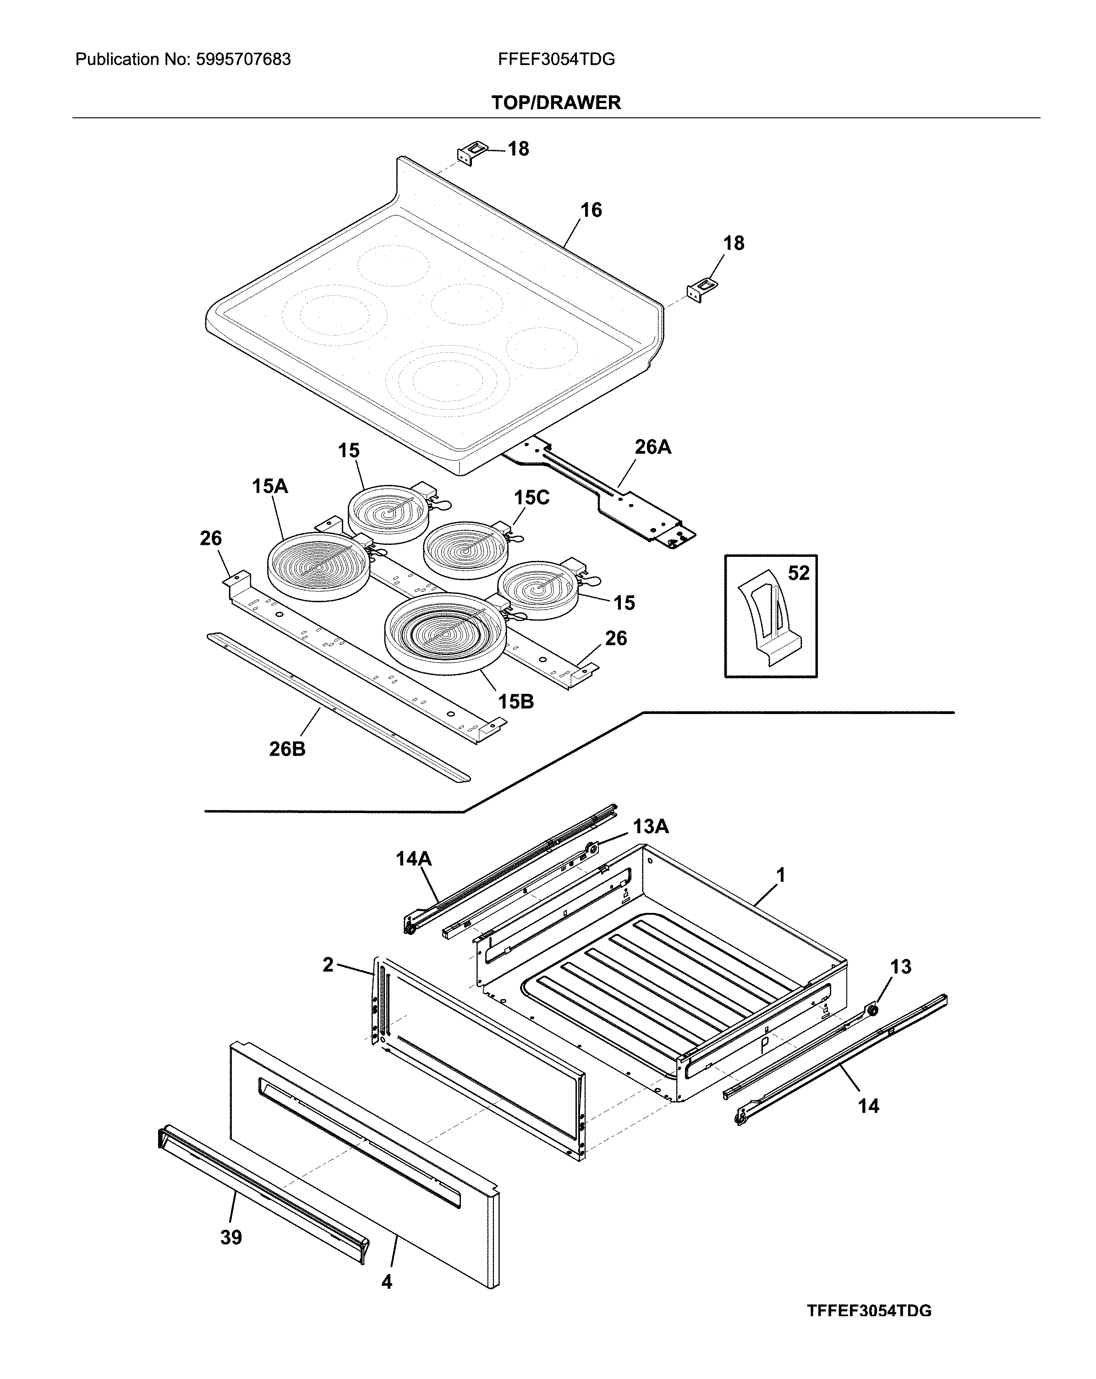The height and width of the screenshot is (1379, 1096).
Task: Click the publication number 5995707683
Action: pos(242,60)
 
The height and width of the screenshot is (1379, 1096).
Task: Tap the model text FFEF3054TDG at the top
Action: pos(556,60)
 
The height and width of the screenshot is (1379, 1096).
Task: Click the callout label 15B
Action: pos(515,702)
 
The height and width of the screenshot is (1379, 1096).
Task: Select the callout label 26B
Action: pos(287,748)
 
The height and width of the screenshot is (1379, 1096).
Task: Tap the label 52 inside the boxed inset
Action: pos(798,572)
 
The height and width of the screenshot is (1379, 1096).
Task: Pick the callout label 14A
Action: pos(413,858)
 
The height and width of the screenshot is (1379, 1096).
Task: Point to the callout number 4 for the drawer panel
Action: pos(386,1282)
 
